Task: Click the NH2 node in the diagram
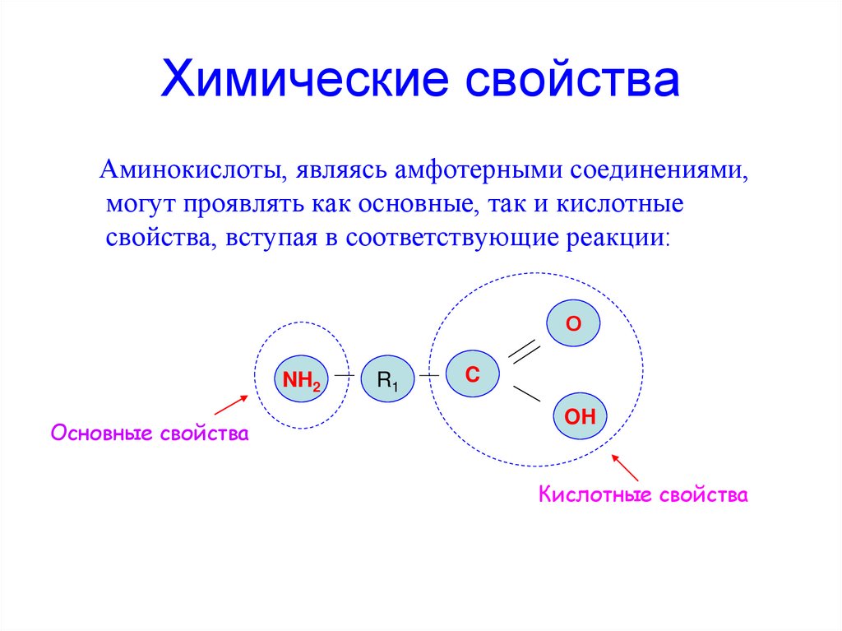pos(301,379)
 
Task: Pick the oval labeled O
pos(573,324)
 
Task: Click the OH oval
pos(579,417)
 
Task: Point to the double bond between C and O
pos(524,351)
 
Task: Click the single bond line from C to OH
pos(526,393)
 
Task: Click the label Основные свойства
pos(150,433)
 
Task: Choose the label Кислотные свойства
pos(643,495)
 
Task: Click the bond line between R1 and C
pos(429,376)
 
